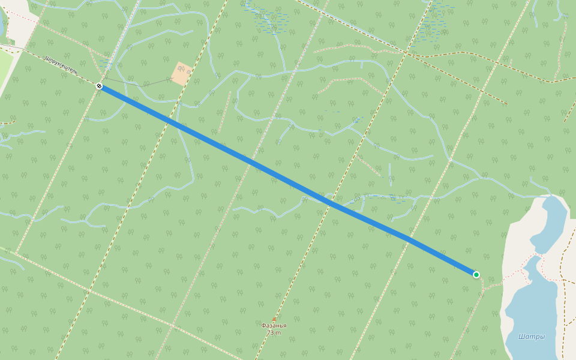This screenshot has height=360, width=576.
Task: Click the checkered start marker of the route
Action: [x=99, y=86]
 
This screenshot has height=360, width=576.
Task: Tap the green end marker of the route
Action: [x=476, y=275]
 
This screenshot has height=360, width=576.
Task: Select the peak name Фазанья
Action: [x=274, y=326]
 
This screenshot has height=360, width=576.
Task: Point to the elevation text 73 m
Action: [x=274, y=332]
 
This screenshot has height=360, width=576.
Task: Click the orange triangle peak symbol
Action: [x=274, y=319]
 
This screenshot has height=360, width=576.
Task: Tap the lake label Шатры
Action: [x=532, y=337]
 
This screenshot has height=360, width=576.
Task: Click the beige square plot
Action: [x=182, y=73]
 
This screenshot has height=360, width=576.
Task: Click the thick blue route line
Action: [x=288, y=181]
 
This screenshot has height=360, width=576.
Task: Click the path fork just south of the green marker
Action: [x=482, y=289]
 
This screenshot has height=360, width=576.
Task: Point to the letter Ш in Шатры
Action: [x=521, y=337]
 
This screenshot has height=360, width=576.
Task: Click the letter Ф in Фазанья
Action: [x=263, y=326]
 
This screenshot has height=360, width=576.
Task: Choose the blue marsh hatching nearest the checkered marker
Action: [x=106, y=62]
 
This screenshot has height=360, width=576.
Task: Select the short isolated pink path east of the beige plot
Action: [x=225, y=112]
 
